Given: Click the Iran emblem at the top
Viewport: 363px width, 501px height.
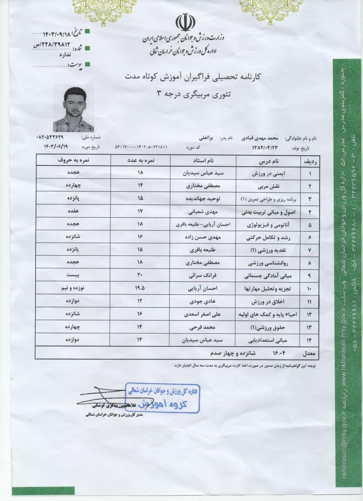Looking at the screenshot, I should click(182, 23).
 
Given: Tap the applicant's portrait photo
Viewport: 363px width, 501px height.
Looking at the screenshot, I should click(73, 108).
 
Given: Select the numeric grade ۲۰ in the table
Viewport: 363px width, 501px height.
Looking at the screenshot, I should click(141, 275).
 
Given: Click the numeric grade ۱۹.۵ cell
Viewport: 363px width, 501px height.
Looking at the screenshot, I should click(141, 288).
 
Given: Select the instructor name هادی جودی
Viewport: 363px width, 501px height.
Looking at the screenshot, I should click(202, 301).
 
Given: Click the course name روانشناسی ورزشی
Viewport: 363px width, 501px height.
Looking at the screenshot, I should click(269, 263).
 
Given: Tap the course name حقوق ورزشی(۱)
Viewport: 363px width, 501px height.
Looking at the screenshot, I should click(269, 327).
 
